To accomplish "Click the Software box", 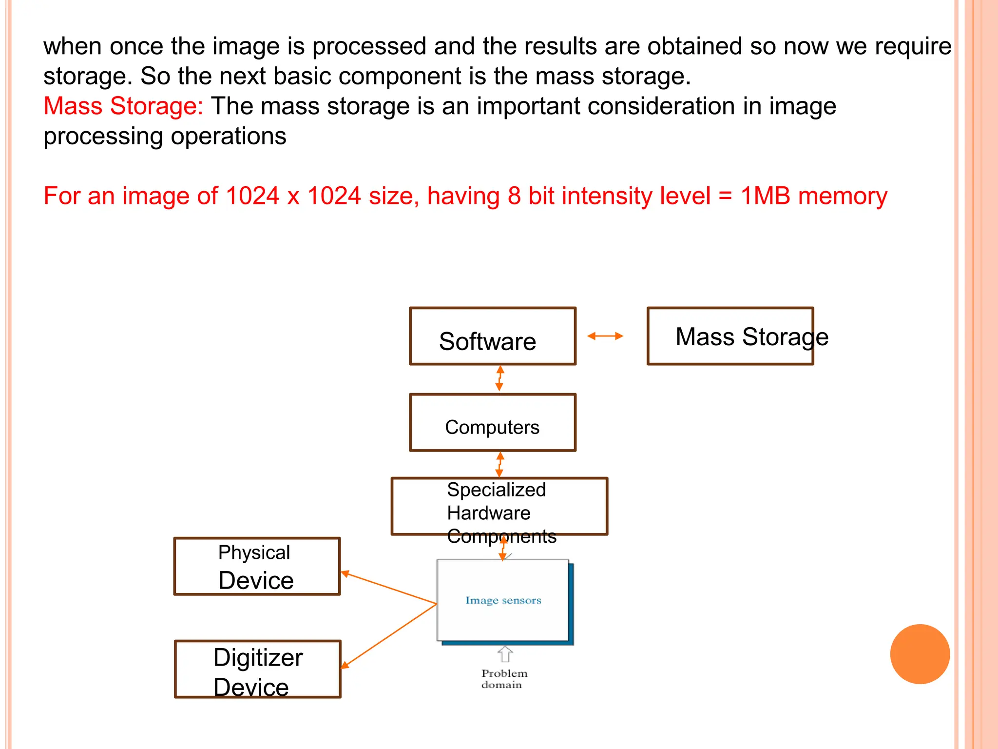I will [x=493, y=336].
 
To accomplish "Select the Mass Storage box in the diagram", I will [x=730, y=336].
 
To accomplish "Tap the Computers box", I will [x=493, y=423].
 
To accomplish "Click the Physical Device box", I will [x=257, y=567].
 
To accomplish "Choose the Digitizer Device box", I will [x=257, y=670].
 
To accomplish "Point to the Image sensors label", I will [x=503, y=600].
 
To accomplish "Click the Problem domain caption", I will [x=504, y=679].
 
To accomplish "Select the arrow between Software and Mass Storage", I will [x=605, y=336].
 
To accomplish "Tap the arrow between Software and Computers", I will [x=499, y=379].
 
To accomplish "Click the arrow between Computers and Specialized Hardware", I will [x=499, y=464].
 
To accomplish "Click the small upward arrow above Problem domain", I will [x=505, y=654].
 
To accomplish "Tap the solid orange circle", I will [x=920, y=654].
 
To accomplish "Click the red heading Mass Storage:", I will [x=123, y=106].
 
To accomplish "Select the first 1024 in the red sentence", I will [x=252, y=196].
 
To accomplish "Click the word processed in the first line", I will [x=369, y=47].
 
